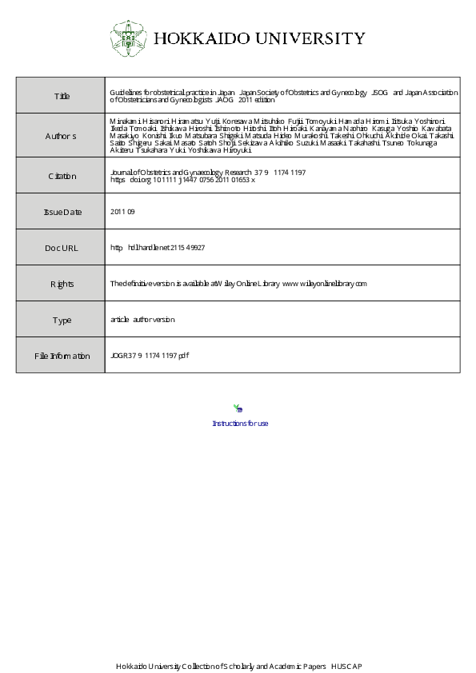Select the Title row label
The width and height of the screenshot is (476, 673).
(x=62, y=96)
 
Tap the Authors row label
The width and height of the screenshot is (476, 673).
(x=61, y=136)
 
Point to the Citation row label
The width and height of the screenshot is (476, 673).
(x=61, y=176)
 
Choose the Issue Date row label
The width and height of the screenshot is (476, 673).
(x=62, y=212)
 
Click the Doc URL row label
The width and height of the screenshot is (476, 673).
(x=62, y=248)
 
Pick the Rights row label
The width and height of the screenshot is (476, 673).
(x=62, y=284)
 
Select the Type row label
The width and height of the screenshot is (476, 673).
(x=62, y=320)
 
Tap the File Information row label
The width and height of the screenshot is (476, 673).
(x=62, y=356)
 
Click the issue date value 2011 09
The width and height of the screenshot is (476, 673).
(x=122, y=212)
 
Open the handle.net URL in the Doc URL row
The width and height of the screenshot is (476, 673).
(x=158, y=248)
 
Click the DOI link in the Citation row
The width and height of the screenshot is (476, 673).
(x=182, y=180)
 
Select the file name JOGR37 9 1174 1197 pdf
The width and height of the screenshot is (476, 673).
(x=150, y=356)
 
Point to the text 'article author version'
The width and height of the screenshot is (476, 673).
(x=142, y=320)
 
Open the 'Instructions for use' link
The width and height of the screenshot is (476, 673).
(x=240, y=424)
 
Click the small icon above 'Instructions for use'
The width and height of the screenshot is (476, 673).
(x=238, y=408)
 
